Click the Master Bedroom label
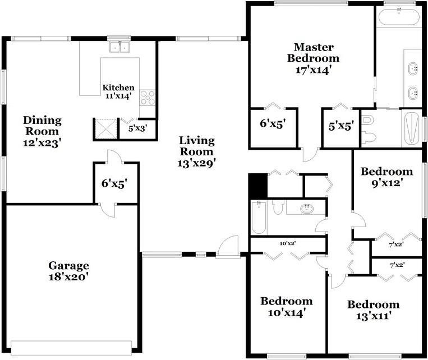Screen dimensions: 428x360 (314, 58)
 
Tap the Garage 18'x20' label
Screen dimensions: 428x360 (68, 271)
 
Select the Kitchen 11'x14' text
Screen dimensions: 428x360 (118, 91)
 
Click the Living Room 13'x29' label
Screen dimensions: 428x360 (196, 152)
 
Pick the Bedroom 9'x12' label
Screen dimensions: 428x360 (387, 177)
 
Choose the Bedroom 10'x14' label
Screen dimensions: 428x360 (287, 307)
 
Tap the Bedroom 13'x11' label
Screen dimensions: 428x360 (373, 310)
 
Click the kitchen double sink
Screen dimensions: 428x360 (119, 47)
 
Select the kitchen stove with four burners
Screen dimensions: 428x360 (148, 98)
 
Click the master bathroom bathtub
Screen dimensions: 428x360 (399, 17)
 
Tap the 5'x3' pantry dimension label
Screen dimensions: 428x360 (138, 128)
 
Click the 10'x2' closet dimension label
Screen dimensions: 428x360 (288, 243)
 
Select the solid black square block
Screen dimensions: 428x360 (258, 186)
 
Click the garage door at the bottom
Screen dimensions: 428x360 (71, 347)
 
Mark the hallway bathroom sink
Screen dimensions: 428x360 (307, 209)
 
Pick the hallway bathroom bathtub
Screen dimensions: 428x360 (259, 218)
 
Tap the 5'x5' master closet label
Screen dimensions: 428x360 (341, 126)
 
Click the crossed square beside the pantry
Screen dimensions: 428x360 (106, 129)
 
